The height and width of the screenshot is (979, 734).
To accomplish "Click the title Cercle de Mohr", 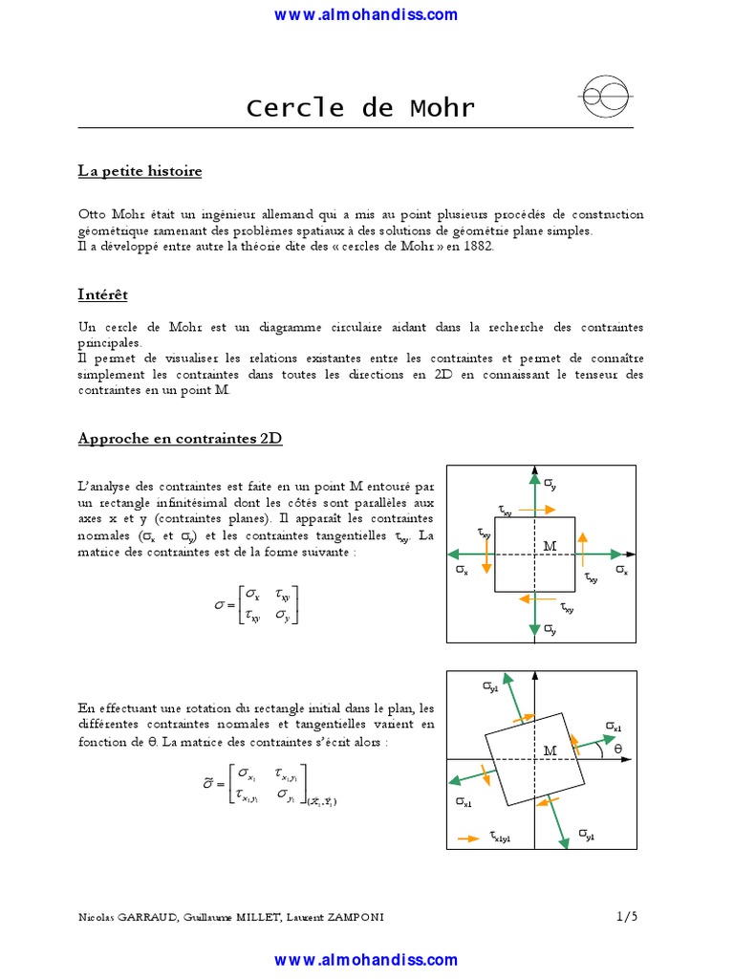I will [x=360, y=107].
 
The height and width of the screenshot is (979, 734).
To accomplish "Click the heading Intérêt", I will [x=103, y=294].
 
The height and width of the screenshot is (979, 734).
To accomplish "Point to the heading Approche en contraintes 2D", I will [x=180, y=439].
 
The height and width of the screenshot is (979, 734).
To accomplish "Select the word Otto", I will [x=93, y=214].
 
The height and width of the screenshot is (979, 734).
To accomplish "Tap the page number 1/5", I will [x=627, y=916].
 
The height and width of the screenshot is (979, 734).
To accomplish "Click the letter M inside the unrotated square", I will [x=550, y=546].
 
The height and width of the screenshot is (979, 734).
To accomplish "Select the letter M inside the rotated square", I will [x=550, y=751].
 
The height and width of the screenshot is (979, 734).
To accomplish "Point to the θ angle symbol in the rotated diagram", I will [x=617, y=748].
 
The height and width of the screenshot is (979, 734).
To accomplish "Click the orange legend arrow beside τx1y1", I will [x=468, y=838].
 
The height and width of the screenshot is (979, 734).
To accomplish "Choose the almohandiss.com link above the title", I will [x=366, y=14].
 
